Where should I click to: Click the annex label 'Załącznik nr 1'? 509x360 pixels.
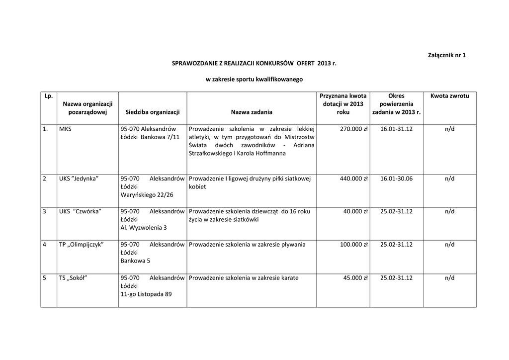point(446,55)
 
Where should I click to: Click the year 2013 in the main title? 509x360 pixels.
point(322,64)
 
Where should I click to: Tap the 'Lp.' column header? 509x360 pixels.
point(49,95)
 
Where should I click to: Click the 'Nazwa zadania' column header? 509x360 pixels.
point(252,112)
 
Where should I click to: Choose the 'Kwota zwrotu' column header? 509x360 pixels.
point(449,95)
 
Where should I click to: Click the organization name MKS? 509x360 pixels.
point(65,129)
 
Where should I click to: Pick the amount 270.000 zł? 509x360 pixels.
point(353,129)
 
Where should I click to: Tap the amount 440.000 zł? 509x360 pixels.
point(353,179)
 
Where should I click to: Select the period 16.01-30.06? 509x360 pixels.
point(396,179)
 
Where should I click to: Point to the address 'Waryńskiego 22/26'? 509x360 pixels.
point(147,194)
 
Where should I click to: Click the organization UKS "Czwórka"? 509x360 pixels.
point(80,211)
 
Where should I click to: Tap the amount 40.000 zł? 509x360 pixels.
point(355,211)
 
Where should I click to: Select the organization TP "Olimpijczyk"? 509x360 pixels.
point(81,245)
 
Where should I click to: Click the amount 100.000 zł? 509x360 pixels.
point(353,245)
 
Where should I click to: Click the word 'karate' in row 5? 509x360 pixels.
point(289,278)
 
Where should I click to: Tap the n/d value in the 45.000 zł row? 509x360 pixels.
point(449,278)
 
